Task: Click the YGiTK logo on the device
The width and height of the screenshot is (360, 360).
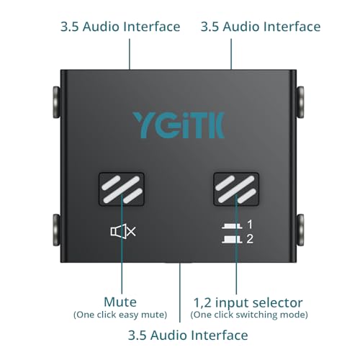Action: [179, 125]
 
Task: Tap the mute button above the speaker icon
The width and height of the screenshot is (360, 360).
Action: [122, 189]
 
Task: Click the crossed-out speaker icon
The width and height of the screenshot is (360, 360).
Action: [123, 231]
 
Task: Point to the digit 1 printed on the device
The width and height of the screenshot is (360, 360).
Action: [250, 225]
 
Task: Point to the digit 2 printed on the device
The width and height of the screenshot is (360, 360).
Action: [250, 239]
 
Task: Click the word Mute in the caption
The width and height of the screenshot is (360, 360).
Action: [120, 302]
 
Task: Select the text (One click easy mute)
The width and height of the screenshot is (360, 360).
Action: [120, 315]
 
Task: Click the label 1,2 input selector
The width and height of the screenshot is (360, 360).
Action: [248, 302]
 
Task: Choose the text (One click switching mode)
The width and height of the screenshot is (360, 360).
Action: [249, 315]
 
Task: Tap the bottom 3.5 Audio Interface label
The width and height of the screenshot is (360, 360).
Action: [188, 335]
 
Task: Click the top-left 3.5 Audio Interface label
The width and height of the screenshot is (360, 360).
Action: [120, 27]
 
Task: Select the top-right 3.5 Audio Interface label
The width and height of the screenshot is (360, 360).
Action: [261, 27]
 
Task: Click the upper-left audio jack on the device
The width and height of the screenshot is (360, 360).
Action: [56, 102]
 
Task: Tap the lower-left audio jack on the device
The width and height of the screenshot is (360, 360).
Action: [56, 230]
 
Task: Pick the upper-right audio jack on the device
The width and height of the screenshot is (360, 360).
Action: [300, 102]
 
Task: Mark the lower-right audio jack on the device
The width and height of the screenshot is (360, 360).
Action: [300, 230]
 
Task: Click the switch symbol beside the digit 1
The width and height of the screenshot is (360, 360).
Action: [232, 226]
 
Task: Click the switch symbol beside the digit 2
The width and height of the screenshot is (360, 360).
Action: [232, 240]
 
